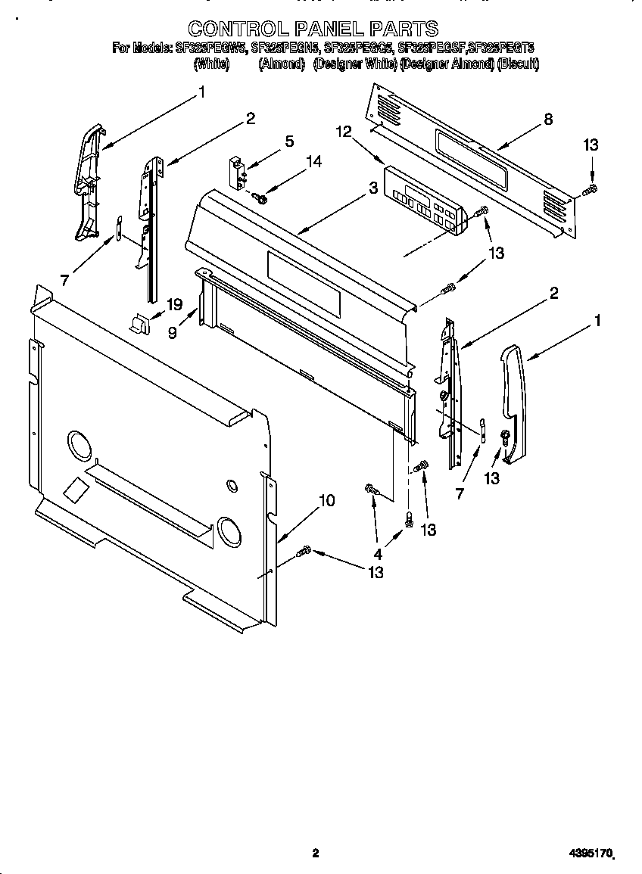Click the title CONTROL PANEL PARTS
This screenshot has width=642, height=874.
pyautogui.click(x=313, y=29)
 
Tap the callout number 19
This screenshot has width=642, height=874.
pyautogui.click(x=175, y=305)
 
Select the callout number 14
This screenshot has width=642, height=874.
pyautogui.click(x=313, y=161)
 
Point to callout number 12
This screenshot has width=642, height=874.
pyautogui.click(x=344, y=132)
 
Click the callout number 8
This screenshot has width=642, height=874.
pyautogui.click(x=548, y=119)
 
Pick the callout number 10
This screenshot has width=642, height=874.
pyautogui.click(x=326, y=500)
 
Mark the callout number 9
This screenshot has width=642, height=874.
pyautogui.click(x=173, y=332)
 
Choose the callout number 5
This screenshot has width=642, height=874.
pyautogui.click(x=289, y=141)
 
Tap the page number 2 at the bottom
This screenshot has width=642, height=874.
pyautogui.click(x=316, y=854)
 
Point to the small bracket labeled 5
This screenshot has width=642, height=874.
pyautogui.click(x=238, y=170)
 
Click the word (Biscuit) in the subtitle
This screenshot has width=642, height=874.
pyautogui.click(x=518, y=65)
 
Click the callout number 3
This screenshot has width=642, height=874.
pyautogui.click(x=372, y=189)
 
